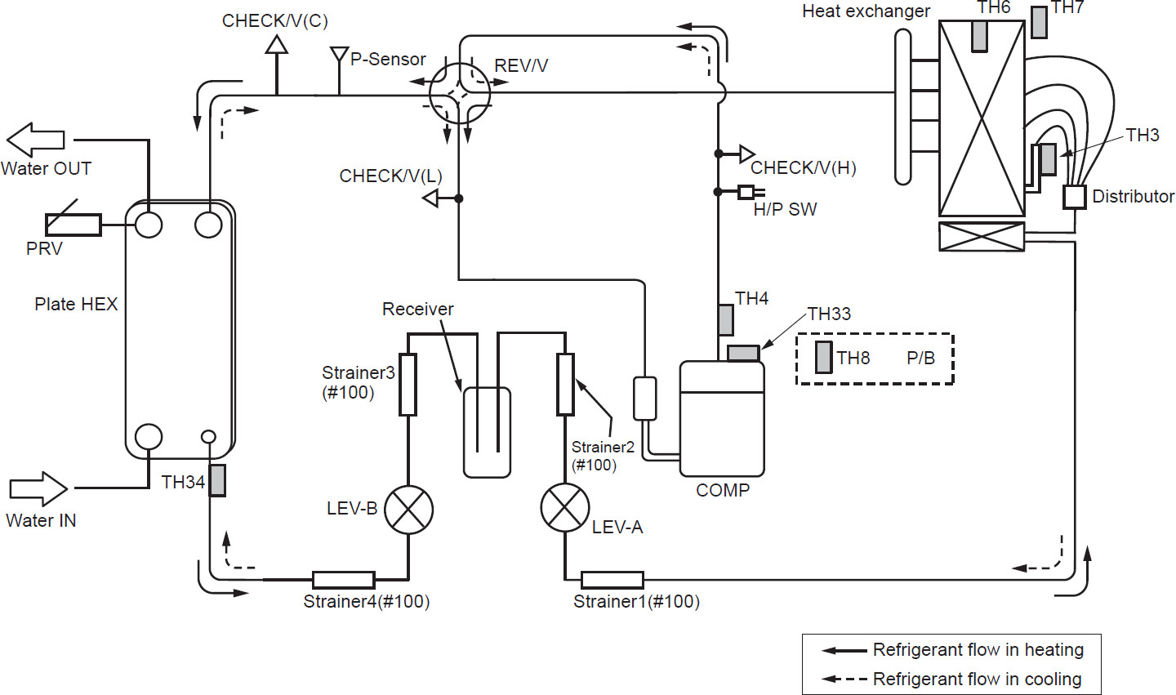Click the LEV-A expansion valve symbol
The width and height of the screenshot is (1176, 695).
pos(564,507)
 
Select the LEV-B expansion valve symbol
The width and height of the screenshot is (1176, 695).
pos(408,510)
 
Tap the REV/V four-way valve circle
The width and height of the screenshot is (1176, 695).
pos(459,92)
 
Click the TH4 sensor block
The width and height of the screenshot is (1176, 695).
pos(726,319)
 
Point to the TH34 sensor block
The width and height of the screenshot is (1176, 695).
pos(217,480)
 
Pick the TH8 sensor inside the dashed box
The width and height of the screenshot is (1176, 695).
pos(824,358)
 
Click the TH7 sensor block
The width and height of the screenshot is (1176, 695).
pos(1039,22)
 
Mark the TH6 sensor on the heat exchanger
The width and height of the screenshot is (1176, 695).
pos(979,35)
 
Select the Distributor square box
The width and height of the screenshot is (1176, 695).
pos(1075,197)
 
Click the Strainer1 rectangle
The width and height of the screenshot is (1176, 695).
pos(612,580)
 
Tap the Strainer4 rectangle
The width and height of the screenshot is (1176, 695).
pos(344,580)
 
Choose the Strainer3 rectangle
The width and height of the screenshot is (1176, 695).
pos(408,385)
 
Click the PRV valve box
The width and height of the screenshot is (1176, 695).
pos(73,225)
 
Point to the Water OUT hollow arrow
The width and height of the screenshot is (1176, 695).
pos(36,140)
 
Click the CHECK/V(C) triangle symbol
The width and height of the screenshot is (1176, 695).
pos(277,43)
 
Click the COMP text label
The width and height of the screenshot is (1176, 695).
pos(723,491)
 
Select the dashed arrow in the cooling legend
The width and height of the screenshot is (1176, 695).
pos(844,679)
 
